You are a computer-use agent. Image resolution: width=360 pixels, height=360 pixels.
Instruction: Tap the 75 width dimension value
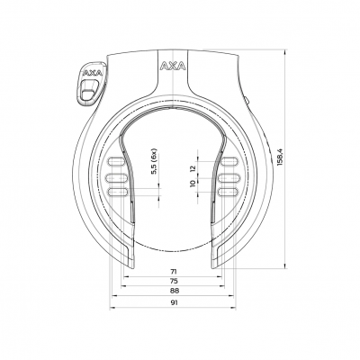pyautogui.click(x=174, y=281)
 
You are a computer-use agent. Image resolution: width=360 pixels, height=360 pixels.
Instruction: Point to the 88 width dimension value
pyautogui.click(x=174, y=292)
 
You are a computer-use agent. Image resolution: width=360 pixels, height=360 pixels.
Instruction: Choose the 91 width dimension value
pyautogui.click(x=174, y=304)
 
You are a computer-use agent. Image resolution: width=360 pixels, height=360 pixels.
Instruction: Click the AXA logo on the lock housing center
pyautogui.click(x=172, y=67)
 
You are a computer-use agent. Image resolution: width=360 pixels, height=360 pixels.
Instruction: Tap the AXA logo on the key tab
pyautogui.click(x=91, y=76)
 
